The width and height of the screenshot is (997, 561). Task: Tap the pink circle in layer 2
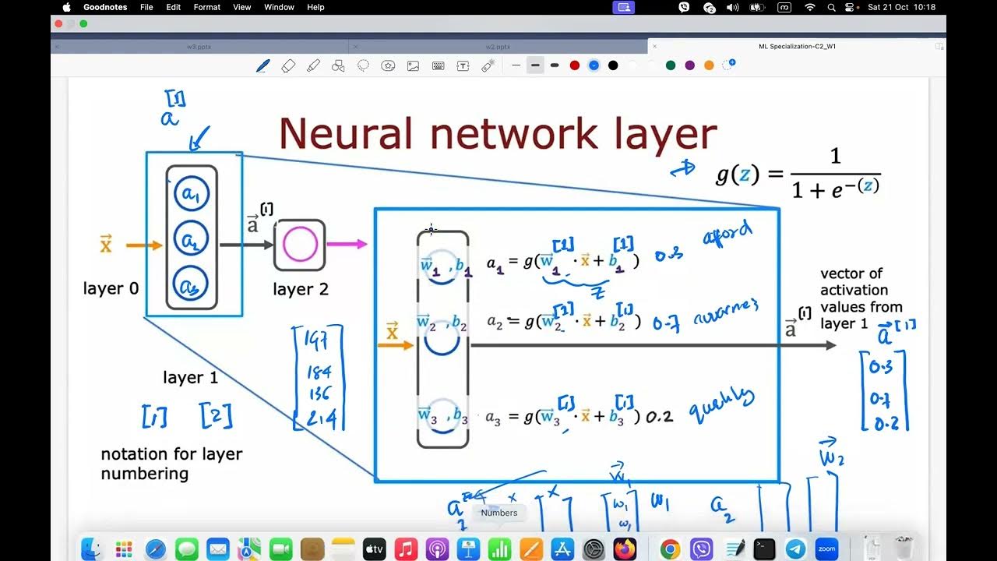300,245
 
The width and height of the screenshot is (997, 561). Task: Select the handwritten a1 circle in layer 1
191,195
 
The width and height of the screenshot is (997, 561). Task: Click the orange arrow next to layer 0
143,245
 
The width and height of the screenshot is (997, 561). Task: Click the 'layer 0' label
111,288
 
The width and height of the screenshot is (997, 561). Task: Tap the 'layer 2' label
301,289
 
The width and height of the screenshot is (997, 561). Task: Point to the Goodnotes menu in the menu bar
105,7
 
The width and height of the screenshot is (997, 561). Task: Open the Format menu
206,7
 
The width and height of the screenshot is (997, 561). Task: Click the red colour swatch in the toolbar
575,65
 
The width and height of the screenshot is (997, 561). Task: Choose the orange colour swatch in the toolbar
709,65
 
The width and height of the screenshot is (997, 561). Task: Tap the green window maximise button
84,23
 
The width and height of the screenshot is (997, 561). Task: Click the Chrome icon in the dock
670,549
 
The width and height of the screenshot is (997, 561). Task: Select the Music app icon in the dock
406,549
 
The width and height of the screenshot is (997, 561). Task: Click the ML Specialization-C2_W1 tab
798,46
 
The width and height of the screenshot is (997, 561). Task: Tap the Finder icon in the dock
93,549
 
